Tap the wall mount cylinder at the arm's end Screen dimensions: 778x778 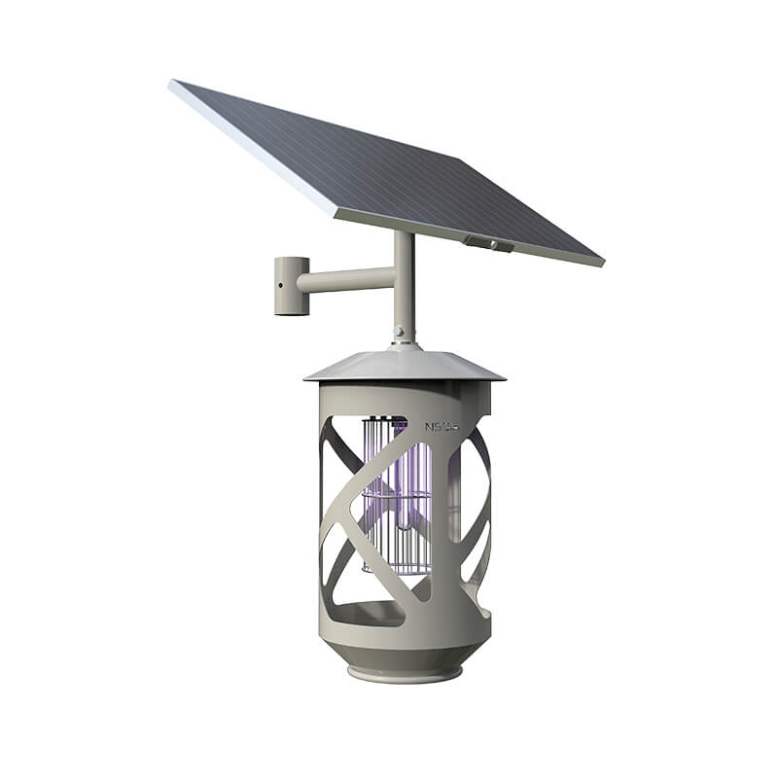[x=291, y=285]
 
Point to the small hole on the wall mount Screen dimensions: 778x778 [x=278, y=287]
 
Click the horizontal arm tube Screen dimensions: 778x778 [x=345, y=280]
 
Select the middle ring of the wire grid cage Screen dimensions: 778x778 [x=396, y=497]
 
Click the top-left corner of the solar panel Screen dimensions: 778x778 [x=173, y=84]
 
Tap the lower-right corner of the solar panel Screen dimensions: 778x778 [x=600, y=263]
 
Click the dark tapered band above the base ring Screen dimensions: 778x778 [x=404, y=654]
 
